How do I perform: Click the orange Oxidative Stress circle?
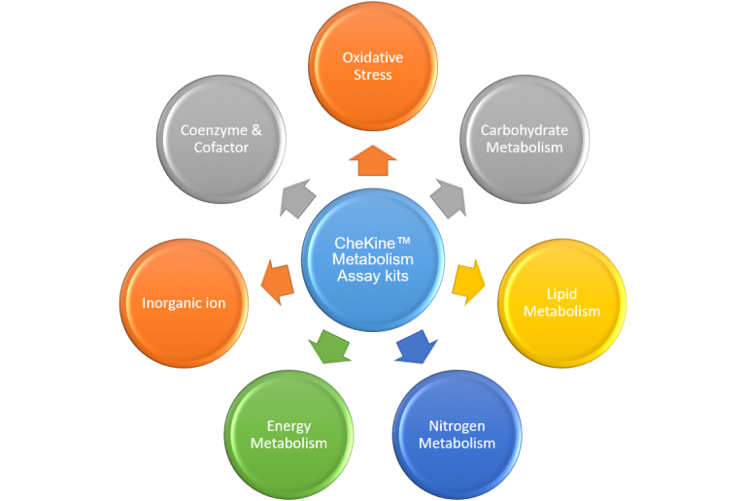tap(372, 66)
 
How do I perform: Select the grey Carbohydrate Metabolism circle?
tap(524, 139)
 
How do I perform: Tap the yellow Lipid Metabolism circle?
tap(561, 302)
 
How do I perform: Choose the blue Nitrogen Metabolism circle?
tap(457, 434)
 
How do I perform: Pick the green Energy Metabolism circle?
tap(288, 434)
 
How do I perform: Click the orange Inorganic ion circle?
tap(184, 303)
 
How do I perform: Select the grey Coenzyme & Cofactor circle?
tap(220, 139)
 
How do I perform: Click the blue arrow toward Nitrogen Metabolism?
tap(416, 348)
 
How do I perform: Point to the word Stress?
tap(372, 75)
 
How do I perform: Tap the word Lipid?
tap(561, 294)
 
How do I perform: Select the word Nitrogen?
tap(457, 426)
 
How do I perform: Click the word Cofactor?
tap(220, 148)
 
